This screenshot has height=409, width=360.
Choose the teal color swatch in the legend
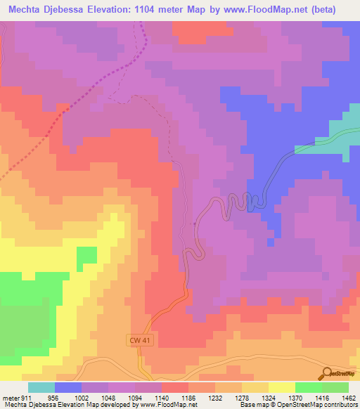(41, 387)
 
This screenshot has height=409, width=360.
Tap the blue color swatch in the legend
(68, 387)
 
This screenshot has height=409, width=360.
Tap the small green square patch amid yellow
(87, 256)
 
